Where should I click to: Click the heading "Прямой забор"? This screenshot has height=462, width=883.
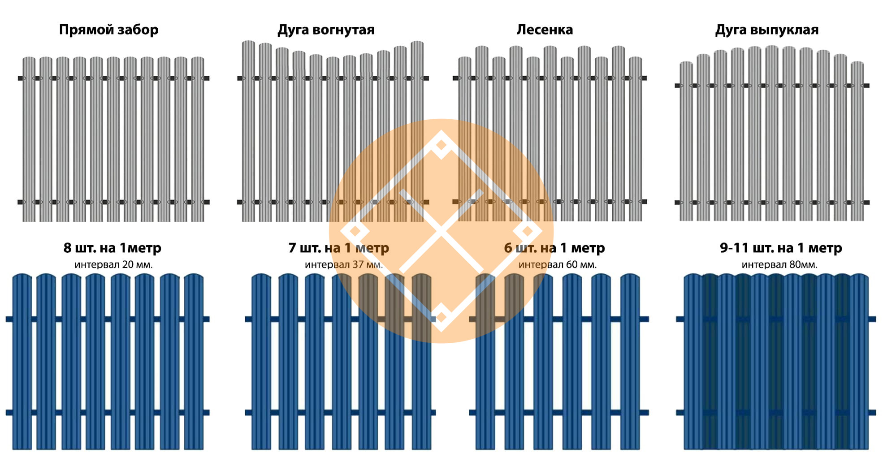point(109,30)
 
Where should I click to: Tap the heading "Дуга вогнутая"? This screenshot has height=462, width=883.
point(326,30)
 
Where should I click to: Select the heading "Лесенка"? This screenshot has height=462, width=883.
point(545,30)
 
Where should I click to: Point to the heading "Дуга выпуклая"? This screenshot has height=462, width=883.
point(767,30)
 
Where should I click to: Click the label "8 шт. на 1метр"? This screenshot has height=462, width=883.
point(113,248)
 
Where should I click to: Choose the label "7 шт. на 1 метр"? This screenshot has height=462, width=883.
point(339,248)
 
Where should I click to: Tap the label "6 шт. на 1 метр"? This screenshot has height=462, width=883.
point(554,248)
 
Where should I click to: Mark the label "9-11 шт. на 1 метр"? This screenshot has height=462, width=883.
point(781,248)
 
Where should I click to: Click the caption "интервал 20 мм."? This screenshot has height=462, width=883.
point(113,265)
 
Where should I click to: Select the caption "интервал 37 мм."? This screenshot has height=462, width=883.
point(344,265)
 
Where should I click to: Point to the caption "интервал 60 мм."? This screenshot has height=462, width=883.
point(558,265)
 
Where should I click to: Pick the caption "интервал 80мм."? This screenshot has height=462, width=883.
point(779,265)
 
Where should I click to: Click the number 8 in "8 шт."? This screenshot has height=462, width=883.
point(67,248)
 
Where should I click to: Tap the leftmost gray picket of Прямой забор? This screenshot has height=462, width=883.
point(29,139)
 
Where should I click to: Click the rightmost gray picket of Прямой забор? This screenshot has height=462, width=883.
point(198,139)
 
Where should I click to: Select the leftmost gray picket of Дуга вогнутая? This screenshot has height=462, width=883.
point(248,131)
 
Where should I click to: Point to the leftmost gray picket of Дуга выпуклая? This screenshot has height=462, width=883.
point(686,141)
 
